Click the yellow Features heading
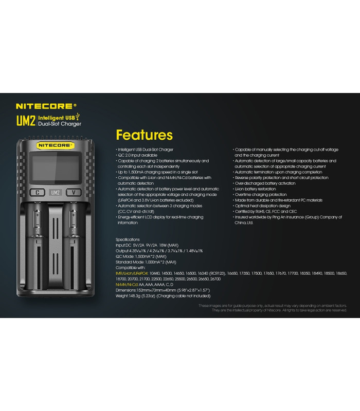144,135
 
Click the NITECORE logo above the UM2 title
45,107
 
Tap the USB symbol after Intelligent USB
78,118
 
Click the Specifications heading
128,239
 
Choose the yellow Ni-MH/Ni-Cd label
129,285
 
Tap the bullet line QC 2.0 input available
138,155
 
